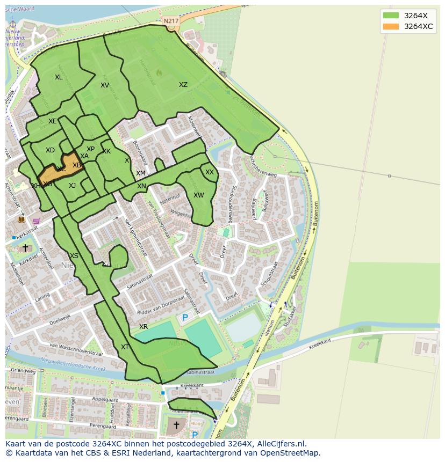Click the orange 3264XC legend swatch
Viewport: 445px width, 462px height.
[x=392, y=27]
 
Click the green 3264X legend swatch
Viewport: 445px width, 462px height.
[x=392, y=16]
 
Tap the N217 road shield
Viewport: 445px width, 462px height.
[x=171, y=21]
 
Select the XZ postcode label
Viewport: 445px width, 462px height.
[x=183, y=85]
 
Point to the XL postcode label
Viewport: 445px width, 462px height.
[x=59, y=77]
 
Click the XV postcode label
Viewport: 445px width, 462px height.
[x=105, y=85]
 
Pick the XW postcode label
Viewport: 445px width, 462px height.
[x=199, y=195]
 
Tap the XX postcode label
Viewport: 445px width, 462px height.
[x=210, y=172]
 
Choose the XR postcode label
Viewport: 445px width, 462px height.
[x=143, y=327]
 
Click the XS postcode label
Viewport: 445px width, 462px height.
[x=74, y=256]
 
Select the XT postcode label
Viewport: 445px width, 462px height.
[x=125, y=347]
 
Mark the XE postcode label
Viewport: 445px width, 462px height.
[x=52, y=121]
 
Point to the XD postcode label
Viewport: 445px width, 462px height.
[x=50, y=150]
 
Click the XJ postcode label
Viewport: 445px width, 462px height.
[x=72, y=186]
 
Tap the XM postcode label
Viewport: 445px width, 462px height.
[x=141, y=173]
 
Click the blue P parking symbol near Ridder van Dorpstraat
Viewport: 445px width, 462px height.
[x=185, y=318]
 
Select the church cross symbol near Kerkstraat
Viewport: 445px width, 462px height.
[x=25, y=248]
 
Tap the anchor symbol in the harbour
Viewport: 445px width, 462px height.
[x=13, y=25]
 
